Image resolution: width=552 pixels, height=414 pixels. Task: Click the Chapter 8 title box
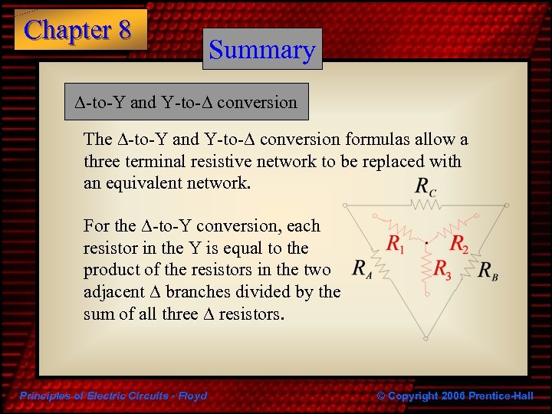pos(80,30)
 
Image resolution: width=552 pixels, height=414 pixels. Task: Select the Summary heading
pos(262,50)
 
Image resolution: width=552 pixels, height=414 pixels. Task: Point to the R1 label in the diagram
pos(396,245)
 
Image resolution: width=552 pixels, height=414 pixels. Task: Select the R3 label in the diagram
pos(443,268)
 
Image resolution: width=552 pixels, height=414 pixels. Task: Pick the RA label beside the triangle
pos(363,268)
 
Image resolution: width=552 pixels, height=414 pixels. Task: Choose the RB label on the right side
pos(488,270)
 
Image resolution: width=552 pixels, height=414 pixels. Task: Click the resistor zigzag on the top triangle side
pos(424,205)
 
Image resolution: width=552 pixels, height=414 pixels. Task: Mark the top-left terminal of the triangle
pos(344,205)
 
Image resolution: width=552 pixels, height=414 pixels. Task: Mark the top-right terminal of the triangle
pos(505,205)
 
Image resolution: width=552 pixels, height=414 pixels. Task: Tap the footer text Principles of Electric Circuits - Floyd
pos(112,396)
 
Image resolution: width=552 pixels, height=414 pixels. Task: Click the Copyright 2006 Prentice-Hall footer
pos(455,396)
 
